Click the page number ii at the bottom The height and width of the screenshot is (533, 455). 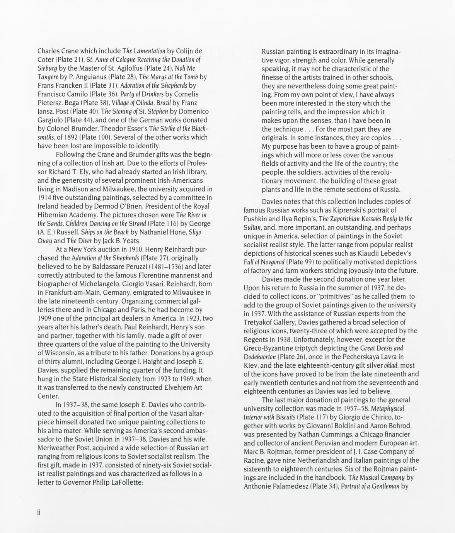click(39, 513)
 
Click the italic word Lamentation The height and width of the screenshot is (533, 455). click(150, 51)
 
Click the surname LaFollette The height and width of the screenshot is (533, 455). click(122, 482)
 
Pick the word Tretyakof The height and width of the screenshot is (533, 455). click(260, 322)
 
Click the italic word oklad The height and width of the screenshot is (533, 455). click(391, 365)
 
